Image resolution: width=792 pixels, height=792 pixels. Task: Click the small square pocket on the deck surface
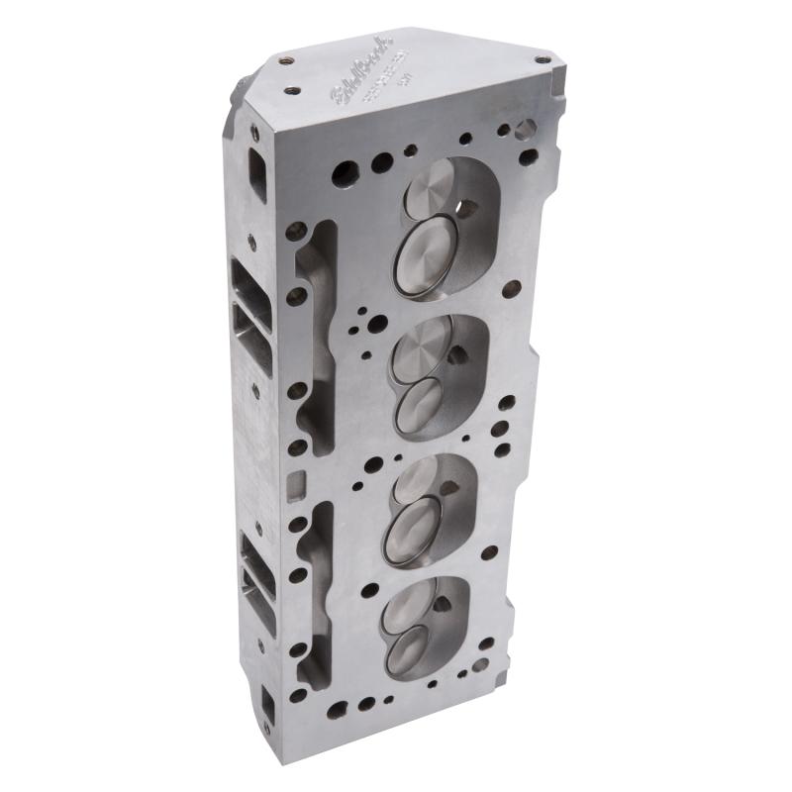[x=293, y=484]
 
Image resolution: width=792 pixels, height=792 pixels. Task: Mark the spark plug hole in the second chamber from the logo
[x=456, y=353]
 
